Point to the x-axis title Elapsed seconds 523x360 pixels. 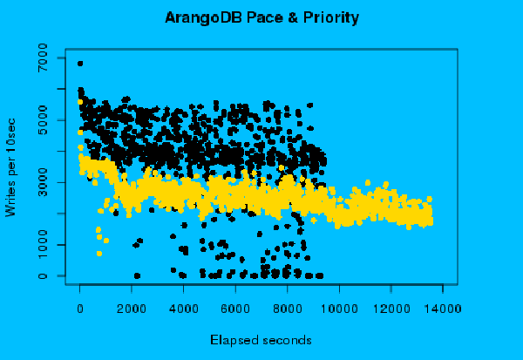pos(261,338)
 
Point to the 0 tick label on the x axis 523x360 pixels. pos(79,308)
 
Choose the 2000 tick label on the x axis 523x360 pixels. pos(132,308)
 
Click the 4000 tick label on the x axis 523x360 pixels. pos(183,308)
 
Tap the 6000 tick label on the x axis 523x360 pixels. pos(235,308)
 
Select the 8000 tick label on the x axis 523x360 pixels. pos(287,308)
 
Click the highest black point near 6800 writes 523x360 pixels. pos(80,64)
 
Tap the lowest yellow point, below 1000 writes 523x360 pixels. pos(98,254)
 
